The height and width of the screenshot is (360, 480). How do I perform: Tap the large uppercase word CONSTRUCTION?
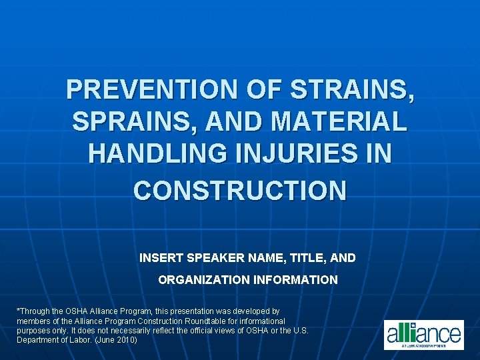tap(240, 191)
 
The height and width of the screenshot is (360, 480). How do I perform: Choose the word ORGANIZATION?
tap(203, 280)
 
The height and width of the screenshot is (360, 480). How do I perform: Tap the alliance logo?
tap(423, 334)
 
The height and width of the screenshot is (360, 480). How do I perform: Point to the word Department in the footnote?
tap(39, 340)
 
